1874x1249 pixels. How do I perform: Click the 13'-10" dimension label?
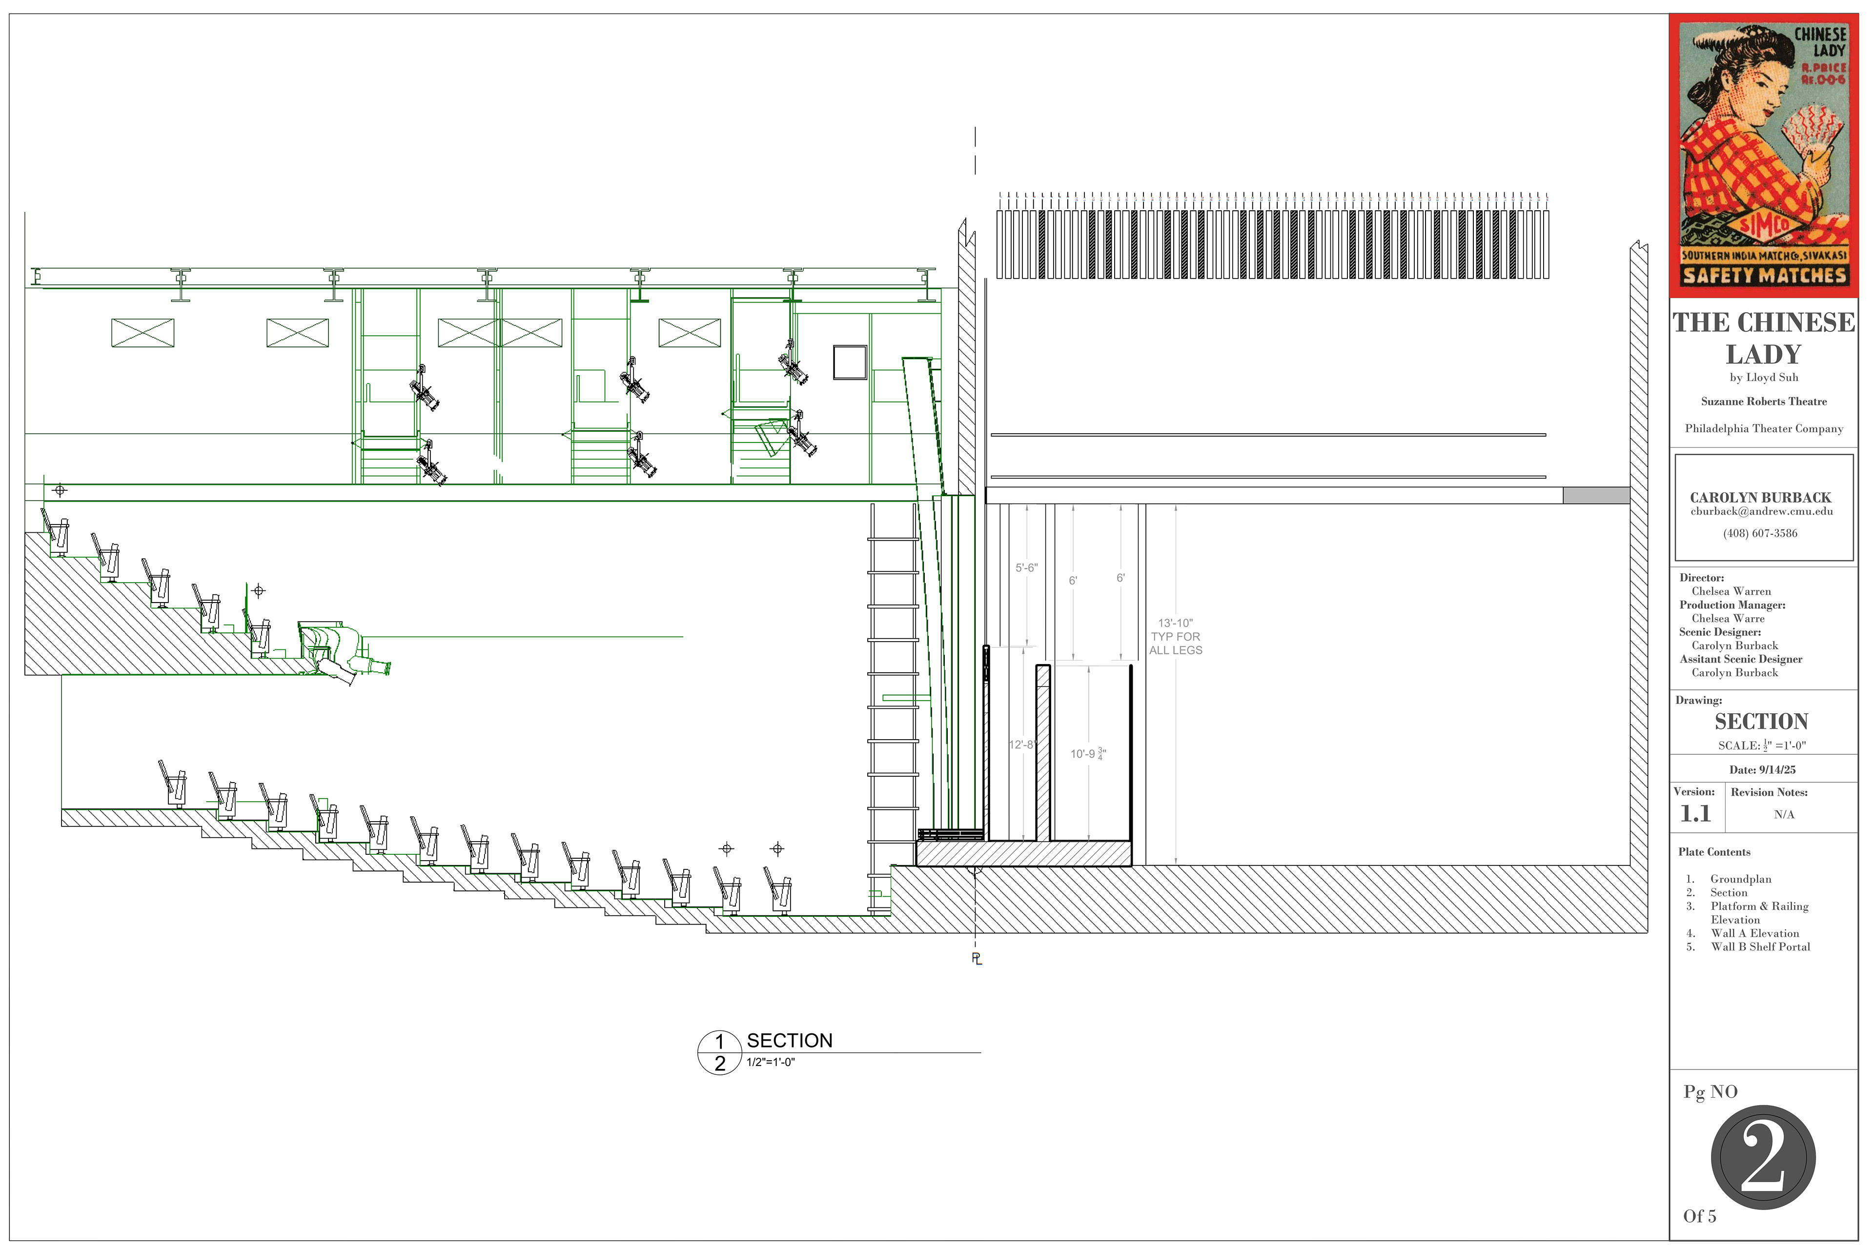point(1175,623)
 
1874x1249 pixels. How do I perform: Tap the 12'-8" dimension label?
point(1021,745)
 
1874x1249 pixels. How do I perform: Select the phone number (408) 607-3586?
point(1760,533)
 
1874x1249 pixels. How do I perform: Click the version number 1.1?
point(1695,814)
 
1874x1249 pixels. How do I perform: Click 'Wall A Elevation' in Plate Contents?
point(1754,933)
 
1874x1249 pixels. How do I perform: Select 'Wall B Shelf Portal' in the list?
point(1760,947)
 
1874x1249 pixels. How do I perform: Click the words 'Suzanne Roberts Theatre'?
point(1763,402)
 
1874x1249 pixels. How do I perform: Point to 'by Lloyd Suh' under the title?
point(1763,378)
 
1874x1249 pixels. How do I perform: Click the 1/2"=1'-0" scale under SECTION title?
point(771,1062)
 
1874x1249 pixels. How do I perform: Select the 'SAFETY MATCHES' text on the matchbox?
point(1764,276)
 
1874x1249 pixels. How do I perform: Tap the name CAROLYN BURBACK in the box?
point(1761,497)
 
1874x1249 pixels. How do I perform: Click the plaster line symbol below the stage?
point(977,958)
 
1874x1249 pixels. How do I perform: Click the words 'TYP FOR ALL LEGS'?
point(1175,644)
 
